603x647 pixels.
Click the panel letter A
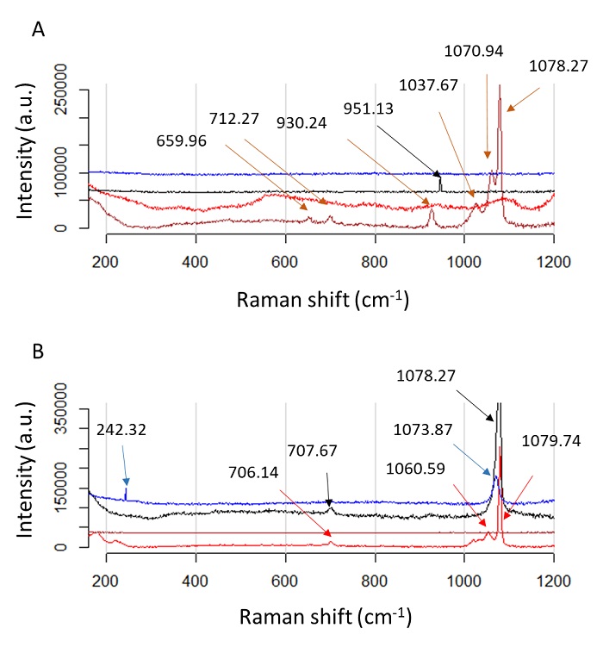(x=37, y=29)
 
